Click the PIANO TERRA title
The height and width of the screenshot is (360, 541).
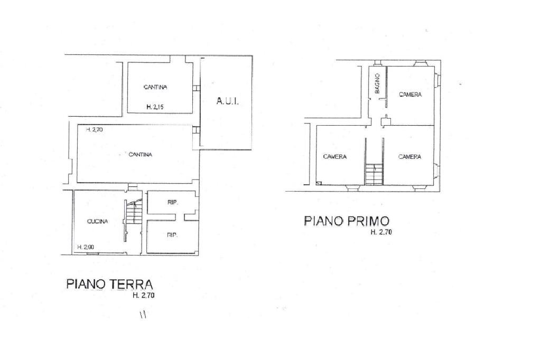[110, 284]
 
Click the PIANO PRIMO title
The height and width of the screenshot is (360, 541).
[347, 221]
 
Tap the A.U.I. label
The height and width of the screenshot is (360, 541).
[228, 102]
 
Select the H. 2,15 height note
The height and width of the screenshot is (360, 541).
[155, 107]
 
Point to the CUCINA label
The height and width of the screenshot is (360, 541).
[97, 222]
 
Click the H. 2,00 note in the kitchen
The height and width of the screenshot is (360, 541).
[85, 247]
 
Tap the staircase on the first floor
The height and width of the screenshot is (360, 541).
[374, 175]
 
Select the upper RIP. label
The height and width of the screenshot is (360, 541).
[172, 202]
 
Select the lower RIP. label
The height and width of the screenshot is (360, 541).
[172, 235]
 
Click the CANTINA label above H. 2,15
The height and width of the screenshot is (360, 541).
[155, 87]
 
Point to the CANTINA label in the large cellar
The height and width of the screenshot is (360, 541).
[141, 155]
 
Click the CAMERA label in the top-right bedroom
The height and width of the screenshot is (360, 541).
[410, 95]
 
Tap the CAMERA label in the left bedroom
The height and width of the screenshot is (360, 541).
[335, 157]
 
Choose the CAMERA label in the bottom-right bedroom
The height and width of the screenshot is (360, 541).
[409, 157]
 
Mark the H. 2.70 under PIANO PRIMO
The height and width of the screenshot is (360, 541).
[381, 232]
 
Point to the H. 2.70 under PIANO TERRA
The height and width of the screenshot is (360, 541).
[144, 296]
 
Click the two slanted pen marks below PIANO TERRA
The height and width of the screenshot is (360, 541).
[143, 315]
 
